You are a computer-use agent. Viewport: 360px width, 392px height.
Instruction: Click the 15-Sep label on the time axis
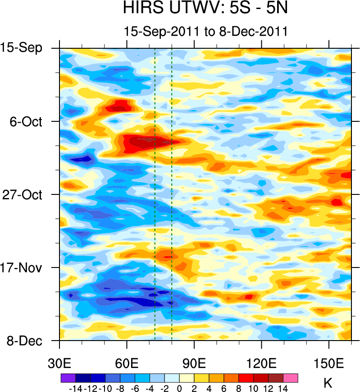27,48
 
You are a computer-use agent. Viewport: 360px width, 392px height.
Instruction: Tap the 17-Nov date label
28,267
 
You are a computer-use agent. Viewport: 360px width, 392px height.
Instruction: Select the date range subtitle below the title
205,32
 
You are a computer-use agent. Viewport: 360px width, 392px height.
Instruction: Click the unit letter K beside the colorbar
328,384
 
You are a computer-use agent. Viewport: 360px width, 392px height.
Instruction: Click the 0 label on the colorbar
179,387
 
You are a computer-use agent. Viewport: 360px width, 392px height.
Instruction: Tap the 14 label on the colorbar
283,387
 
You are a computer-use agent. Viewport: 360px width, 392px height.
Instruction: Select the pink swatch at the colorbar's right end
291,378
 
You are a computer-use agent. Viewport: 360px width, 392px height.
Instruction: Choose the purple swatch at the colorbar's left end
68,378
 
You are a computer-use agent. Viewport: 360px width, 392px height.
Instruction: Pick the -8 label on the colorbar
119,387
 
